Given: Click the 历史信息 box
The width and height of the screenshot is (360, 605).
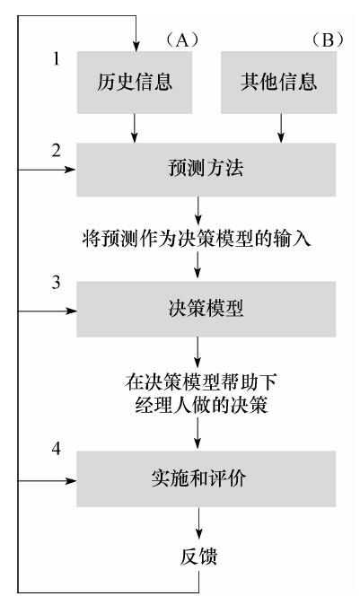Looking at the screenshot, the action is [135, 83].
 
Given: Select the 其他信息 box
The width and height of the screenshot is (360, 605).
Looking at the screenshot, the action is [278, 83].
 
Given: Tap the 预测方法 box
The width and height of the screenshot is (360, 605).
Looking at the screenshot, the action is [206, 170].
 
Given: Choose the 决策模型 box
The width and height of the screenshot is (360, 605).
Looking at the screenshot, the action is [206, 309].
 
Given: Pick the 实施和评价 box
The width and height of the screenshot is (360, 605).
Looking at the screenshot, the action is [206, 478].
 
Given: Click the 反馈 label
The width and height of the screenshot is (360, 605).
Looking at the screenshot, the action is [198, 556].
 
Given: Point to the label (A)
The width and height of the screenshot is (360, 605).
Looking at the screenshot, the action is [181, 39].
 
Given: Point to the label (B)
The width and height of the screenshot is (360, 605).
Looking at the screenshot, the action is [327, 39].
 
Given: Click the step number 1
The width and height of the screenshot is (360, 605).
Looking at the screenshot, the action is [57, 58].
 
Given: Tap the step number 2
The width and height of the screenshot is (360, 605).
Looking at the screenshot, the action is [57, 150].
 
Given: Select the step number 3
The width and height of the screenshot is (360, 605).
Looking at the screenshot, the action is [57, 283].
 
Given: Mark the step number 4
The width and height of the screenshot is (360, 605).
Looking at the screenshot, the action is [57, 449].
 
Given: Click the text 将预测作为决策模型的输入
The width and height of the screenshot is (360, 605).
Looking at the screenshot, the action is [197, 239].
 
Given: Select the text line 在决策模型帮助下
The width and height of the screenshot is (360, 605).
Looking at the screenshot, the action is [200, 382].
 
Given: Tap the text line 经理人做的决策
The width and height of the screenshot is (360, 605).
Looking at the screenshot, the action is [200, 405].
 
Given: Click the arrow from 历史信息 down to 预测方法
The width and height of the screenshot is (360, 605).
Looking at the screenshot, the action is [134, 128].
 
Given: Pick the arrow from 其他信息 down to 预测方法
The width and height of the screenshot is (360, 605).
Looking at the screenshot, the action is [281, 128].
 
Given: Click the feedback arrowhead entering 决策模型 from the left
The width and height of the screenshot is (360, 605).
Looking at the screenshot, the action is [71, 311].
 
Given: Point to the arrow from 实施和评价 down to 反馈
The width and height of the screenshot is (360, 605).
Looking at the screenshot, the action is [198, 522].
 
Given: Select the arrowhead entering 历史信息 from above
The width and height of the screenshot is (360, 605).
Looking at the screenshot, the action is [136, 46].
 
